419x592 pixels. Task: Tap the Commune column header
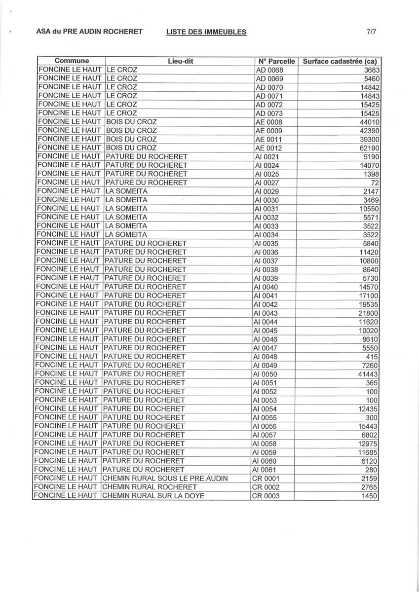point(72,61)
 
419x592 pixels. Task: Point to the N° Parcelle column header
point(276,62)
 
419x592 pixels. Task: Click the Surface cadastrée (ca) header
point(340,62)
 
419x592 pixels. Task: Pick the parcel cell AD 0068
point(269,70)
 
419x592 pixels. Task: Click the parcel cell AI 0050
point(265,374)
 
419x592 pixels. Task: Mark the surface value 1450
point(370,496)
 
